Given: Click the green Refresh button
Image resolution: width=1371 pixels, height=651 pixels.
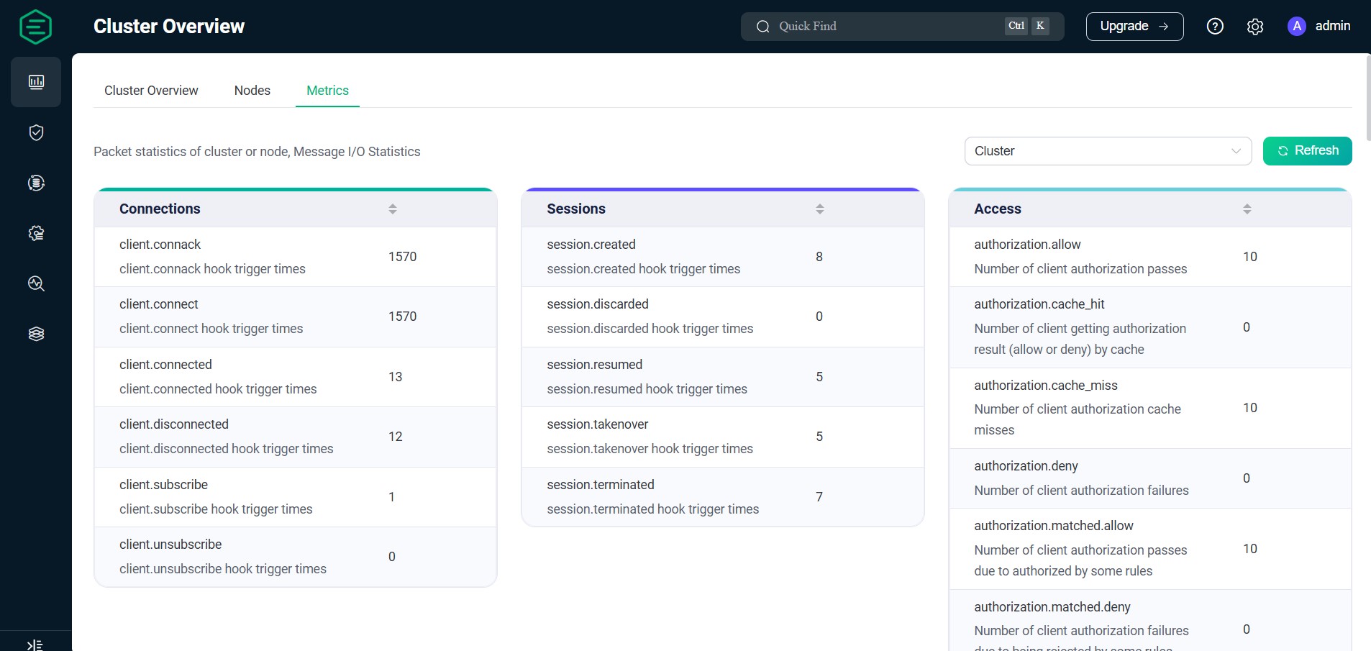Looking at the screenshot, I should click(1307, 151).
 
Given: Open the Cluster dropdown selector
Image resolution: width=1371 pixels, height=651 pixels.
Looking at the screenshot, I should click(1107, 151).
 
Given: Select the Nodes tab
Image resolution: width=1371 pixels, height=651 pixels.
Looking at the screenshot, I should click(252, 91).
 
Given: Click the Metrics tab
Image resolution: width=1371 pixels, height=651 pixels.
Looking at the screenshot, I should click(327, 91).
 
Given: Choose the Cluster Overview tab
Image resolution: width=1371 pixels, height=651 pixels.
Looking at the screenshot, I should click(151, 91).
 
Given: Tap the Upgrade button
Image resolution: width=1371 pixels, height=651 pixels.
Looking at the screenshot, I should click(1134, 27).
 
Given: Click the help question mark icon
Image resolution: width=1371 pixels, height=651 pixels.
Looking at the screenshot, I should click(1214, 27).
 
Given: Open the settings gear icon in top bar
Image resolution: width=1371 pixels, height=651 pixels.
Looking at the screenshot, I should click(1254, 27).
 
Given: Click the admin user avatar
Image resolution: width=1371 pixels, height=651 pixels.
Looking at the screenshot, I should click(1296, 27).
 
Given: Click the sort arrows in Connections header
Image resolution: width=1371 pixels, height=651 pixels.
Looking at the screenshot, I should click(393, 209).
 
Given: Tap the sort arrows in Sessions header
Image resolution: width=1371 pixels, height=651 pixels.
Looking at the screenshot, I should click(820, 209).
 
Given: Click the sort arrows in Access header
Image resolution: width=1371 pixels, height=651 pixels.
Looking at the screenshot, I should click(1247, 209).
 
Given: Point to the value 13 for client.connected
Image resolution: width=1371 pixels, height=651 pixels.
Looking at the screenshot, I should click(396, 377).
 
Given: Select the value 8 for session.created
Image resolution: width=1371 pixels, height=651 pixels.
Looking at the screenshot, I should click(819, 257).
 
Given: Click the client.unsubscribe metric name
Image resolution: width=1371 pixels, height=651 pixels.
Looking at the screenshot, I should click(170, 545).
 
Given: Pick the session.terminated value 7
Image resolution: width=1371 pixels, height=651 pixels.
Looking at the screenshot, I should click(819, 497).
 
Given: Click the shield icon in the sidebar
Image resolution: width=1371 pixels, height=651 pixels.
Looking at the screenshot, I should click(36, 132).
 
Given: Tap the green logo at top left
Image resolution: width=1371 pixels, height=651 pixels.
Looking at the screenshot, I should click(36, 27).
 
